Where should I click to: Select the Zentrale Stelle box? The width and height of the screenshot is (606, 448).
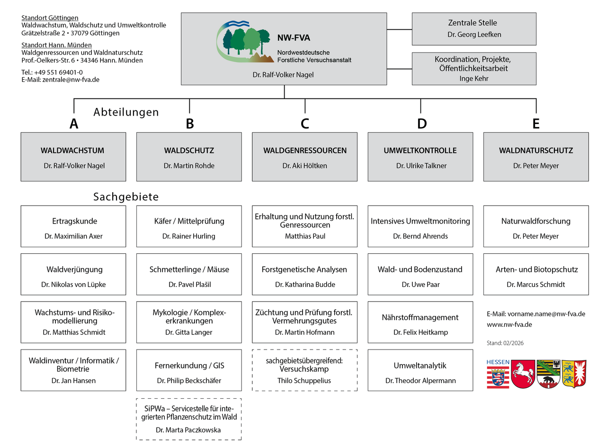pos(474,28)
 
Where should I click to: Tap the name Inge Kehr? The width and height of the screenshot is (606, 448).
pos(474,79)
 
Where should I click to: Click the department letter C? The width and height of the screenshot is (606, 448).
pos(305,124)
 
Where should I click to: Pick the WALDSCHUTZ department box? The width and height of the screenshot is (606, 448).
pos(189,157)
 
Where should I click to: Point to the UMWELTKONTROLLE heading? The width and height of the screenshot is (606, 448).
pos(420,151)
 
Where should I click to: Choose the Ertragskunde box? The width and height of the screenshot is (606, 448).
pos(73,226)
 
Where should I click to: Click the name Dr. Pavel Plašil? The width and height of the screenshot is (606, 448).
pos(189,285)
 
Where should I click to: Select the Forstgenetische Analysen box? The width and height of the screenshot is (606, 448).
pos(304,274)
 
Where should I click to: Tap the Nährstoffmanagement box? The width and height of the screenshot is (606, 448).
pos(420,322)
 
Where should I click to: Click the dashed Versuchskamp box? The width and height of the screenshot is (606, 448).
pos(304,370)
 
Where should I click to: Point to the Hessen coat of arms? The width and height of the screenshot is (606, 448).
pos(498,374)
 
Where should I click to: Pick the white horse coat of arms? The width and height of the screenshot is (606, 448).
pos(523,374)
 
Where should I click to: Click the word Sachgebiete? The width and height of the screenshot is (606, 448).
pos(126,197)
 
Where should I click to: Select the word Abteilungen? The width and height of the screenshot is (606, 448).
pos(126,112)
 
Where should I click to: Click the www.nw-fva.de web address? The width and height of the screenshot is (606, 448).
pos(509,324)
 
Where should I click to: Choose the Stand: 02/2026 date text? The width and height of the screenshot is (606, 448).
pos(505,343)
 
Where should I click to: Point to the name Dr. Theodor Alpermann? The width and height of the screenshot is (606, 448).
pos(420,381)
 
